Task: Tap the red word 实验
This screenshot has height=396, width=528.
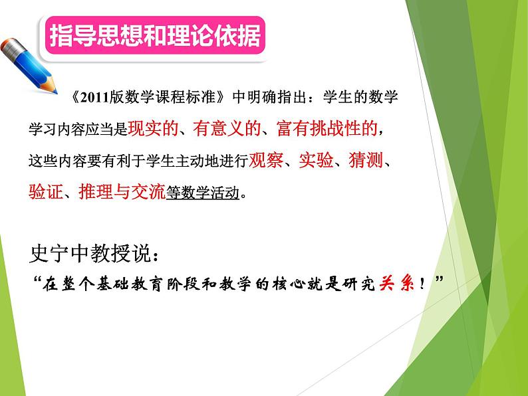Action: click(316, 162)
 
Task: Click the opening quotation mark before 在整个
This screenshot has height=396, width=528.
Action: click(37, 282)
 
